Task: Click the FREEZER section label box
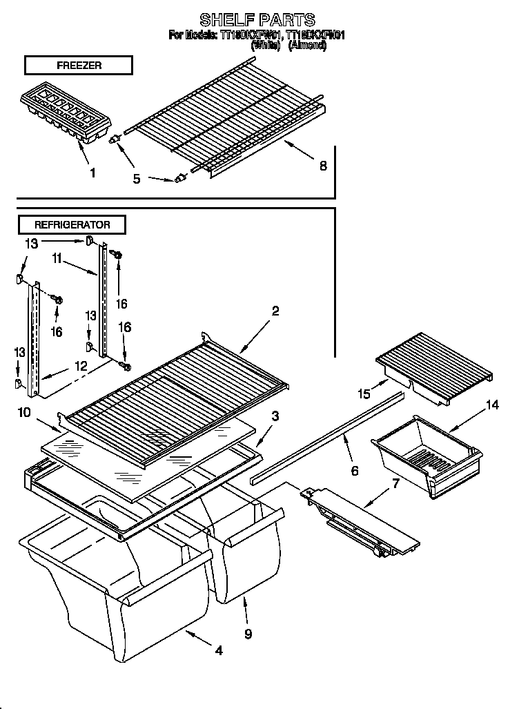point(78,66)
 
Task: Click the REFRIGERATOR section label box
point(72,224)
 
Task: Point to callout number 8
point(323,165)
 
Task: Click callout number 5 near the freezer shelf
point(137,179)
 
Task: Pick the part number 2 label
point(275,311)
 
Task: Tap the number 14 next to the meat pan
point(491,405)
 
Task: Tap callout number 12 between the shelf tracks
point(81,367)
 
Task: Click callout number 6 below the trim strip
point(355,471)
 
